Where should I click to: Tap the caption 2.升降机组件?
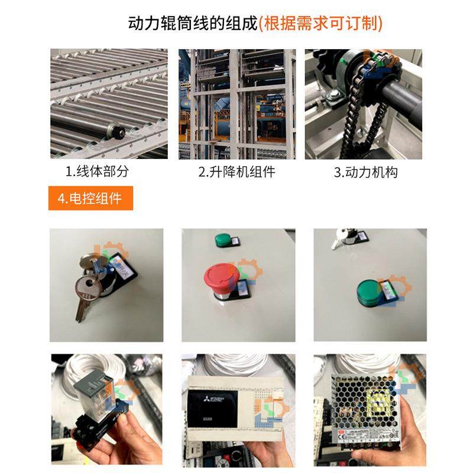click(x=237, y=172)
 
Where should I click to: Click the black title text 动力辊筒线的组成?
click(x=193, y=24)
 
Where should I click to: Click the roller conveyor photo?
click(x=109, y=104)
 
